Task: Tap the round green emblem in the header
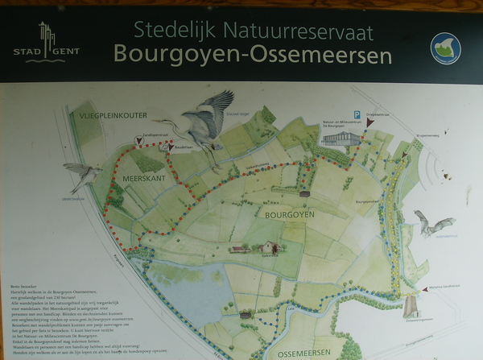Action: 445,48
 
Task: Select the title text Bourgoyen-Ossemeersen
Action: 253,55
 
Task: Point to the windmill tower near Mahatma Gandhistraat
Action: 410,305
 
